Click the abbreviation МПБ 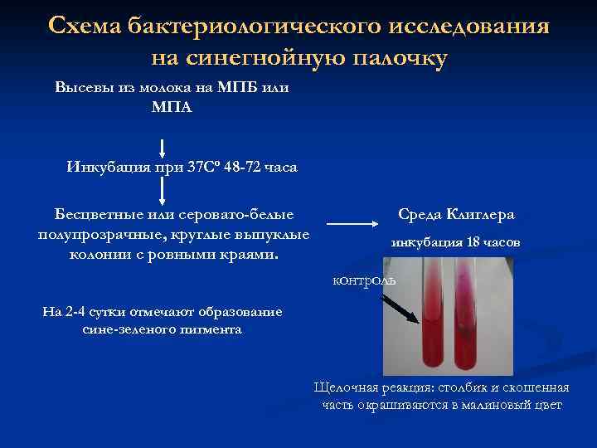[x=235, y=88]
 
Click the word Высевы [x=82, y=88]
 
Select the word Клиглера [x=482, y=214]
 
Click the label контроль [x=364, y=280]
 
